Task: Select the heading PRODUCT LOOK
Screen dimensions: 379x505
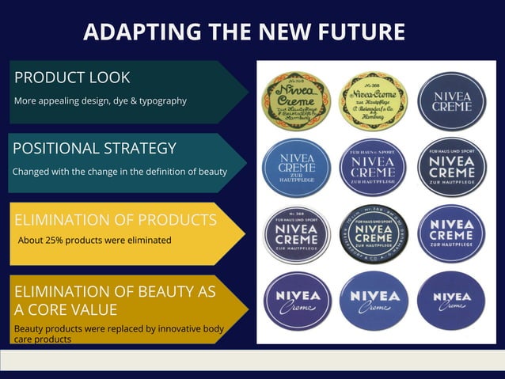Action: coord(72,78)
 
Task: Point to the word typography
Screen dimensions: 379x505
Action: coord(159,100)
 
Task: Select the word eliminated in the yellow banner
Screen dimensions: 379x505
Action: coord(148,240)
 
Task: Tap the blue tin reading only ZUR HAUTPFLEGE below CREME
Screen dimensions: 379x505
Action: coord(295,167)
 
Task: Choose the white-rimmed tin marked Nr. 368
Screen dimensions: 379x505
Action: coord(295,233)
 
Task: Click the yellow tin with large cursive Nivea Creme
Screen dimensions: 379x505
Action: coord(295,100)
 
